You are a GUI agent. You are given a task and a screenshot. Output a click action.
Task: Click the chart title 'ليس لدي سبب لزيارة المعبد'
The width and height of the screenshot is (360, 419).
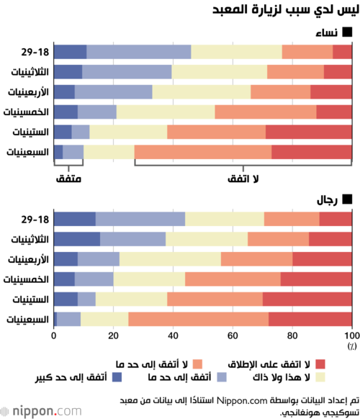285,10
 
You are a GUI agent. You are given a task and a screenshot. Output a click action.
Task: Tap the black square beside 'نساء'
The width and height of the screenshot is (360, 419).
348,32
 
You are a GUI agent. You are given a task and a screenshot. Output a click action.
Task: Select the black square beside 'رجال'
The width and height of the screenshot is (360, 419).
348,199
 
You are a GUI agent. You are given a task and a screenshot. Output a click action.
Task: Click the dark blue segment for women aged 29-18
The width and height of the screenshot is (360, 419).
70,52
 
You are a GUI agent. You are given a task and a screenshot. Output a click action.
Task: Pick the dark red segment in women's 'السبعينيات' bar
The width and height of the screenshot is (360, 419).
312,152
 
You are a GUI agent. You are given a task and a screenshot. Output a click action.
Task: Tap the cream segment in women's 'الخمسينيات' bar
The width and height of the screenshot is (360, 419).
166,112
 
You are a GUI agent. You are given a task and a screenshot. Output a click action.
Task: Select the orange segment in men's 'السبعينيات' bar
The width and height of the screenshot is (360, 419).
198,320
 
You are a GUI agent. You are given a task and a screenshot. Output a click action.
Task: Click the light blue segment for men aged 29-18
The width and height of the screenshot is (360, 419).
140,219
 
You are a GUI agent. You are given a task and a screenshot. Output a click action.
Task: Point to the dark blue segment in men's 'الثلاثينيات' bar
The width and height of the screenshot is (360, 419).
77,239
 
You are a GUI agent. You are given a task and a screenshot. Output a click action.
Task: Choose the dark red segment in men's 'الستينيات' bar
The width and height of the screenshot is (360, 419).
307,299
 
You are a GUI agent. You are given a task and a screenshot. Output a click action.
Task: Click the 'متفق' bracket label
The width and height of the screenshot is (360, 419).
68,179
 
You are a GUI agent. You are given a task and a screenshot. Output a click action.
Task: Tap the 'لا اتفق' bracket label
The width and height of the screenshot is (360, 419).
243,179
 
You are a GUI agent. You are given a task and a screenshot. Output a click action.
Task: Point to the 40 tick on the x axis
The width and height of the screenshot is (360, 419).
173,335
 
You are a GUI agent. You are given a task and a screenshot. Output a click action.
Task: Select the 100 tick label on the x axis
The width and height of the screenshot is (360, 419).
352,335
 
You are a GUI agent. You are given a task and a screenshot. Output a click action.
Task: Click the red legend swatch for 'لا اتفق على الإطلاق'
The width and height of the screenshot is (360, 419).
320,364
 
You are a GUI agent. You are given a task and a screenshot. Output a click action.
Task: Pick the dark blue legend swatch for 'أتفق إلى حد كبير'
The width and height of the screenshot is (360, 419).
117,377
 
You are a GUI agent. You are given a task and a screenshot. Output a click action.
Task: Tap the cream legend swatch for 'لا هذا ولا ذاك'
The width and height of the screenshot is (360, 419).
320,377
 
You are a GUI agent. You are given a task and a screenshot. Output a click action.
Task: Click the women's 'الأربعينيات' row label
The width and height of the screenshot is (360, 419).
28,92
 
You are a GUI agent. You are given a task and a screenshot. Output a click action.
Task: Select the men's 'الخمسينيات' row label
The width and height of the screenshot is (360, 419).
26,279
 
